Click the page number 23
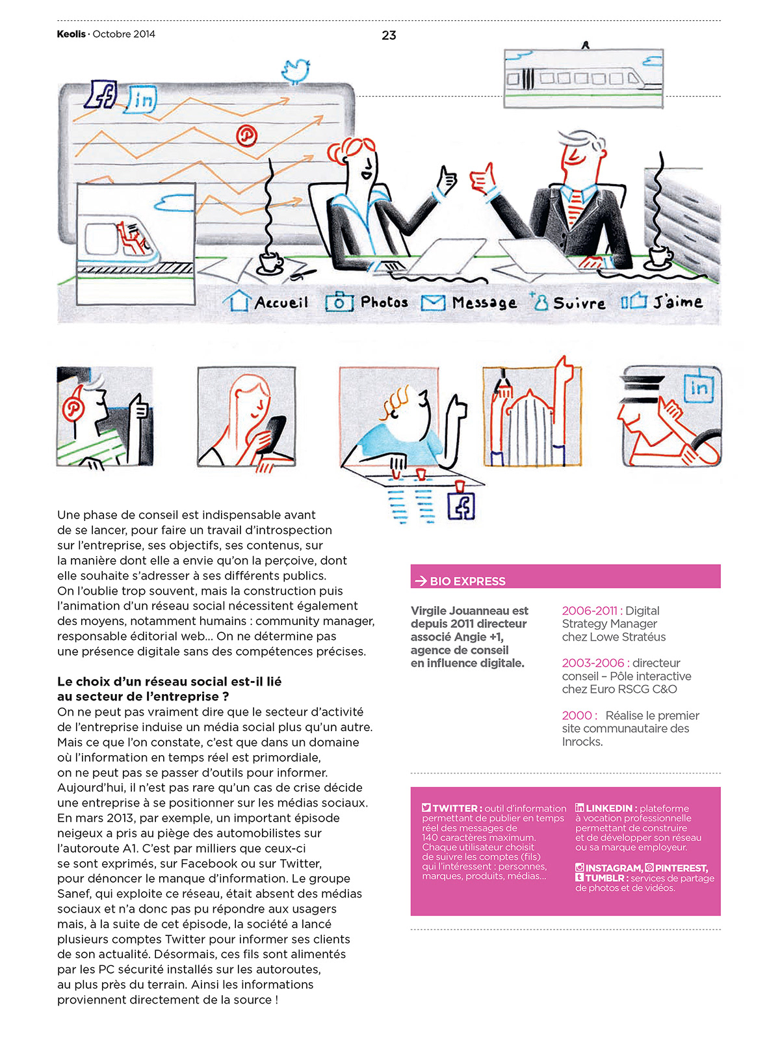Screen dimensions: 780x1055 click(x=389, y=35)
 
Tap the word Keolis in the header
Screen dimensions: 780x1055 click(x=71, y=34)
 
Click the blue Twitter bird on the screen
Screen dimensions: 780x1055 click(x=296, y=70)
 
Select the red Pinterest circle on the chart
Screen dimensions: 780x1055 click(x=246, y=136)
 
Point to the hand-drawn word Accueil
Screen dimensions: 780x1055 click(x=281, y=302)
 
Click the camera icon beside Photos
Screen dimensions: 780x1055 click(x=339, y=302)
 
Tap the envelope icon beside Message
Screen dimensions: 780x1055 click(x=433, y=303)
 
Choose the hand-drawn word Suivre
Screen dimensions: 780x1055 click(x=579, y=303)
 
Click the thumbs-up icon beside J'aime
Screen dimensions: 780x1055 click(x=634, y=302)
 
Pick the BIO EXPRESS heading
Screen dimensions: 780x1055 click(x=467, y=581)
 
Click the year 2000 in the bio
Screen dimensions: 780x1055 click(x=577, y=715)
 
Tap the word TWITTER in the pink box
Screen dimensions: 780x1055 click(x=456, y=808)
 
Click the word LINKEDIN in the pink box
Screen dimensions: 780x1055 click(x=609, y=808)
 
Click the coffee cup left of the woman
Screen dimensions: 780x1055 click(x=270, y=261)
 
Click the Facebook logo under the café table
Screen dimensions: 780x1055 click(x=461, y=507)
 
